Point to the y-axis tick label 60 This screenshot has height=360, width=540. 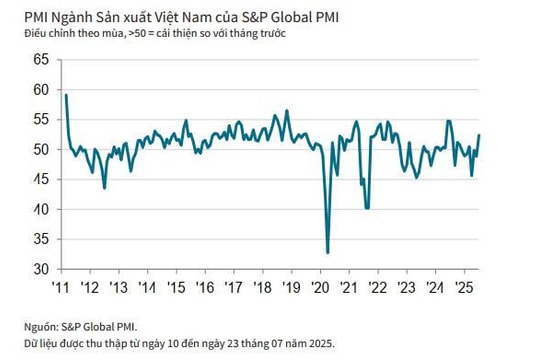pos(40,89)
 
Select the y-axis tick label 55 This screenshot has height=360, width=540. pos(40,119)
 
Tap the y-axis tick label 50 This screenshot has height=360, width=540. pos(40,149)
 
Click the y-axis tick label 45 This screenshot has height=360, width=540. pos(40,179)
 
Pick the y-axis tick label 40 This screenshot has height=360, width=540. pos(40,209)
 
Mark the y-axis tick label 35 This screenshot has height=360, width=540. pos(40,239)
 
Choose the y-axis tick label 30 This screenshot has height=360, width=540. pos(40,269)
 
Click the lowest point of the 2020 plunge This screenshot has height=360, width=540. pos(328,253)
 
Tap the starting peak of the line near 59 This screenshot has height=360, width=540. pos(66,95)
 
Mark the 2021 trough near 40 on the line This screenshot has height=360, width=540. pos(368,208)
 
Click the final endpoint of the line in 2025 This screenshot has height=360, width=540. pos(479,135)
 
